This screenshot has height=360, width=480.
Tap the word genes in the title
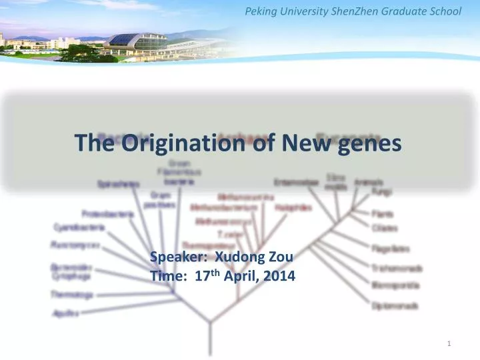tap(371, 143)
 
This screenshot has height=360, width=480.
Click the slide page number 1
tap(450, 343)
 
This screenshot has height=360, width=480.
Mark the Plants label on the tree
tap(383, 215)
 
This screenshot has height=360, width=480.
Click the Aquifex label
tap(61, 313)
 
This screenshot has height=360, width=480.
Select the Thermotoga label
tap(71, 294)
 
